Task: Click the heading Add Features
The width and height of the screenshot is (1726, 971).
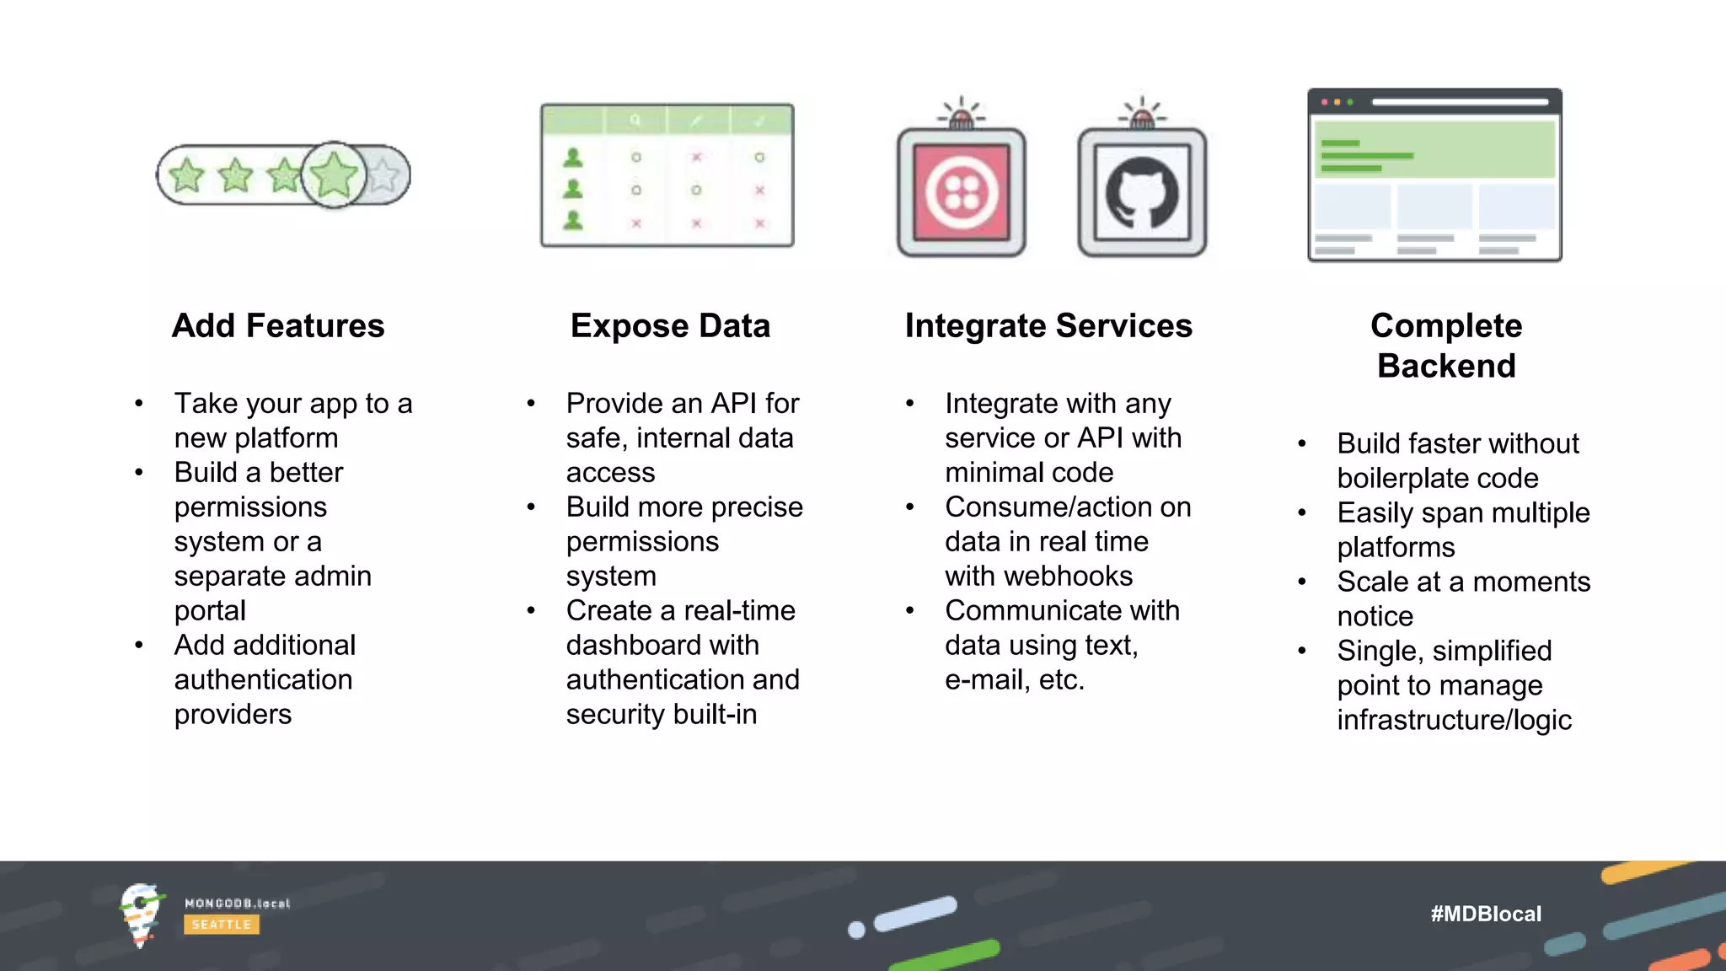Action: (x=278, y=326)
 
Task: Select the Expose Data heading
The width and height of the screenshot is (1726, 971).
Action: (x=670, y=326)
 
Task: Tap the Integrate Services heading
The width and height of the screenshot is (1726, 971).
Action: (x=1048, y=326)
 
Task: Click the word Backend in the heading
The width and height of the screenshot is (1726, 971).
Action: (x=1446, y=367)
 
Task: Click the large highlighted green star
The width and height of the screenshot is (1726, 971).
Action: (x=334, y=174)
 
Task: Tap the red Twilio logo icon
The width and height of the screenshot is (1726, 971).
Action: (x=962, y=193)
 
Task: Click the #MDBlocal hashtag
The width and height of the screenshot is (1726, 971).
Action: (x=1486, y=914)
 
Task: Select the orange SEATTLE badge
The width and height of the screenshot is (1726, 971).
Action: (x=222, y=925)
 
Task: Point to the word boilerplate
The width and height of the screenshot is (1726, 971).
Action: (x=1401, y=479)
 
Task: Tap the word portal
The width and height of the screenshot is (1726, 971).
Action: (x=210, y=611)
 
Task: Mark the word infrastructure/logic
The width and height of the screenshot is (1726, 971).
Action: (x=1454, y=721)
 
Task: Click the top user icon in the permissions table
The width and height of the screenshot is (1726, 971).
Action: (x=573, y=158)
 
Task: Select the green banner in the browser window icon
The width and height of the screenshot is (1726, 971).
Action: (x=1434, y=149)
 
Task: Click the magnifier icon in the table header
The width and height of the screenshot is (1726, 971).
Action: (x=635, y=121)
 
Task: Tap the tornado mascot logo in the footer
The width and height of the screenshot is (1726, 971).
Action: (x=141, y=915)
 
